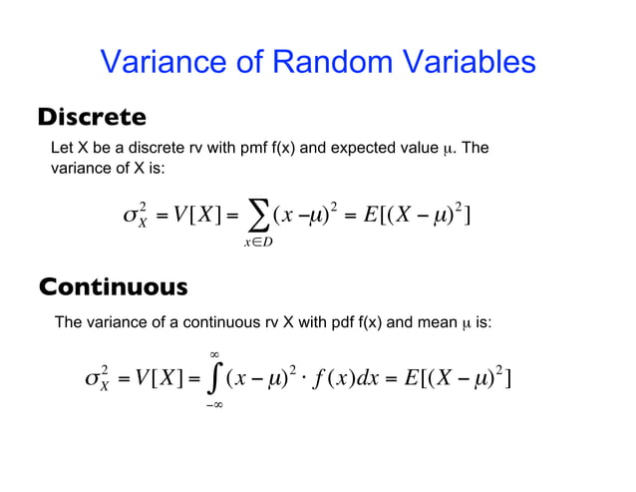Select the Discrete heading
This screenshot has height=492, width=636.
coord(92,118)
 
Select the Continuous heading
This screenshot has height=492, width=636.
coord(113,287)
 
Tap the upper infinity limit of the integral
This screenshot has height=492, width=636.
coord(213,352)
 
